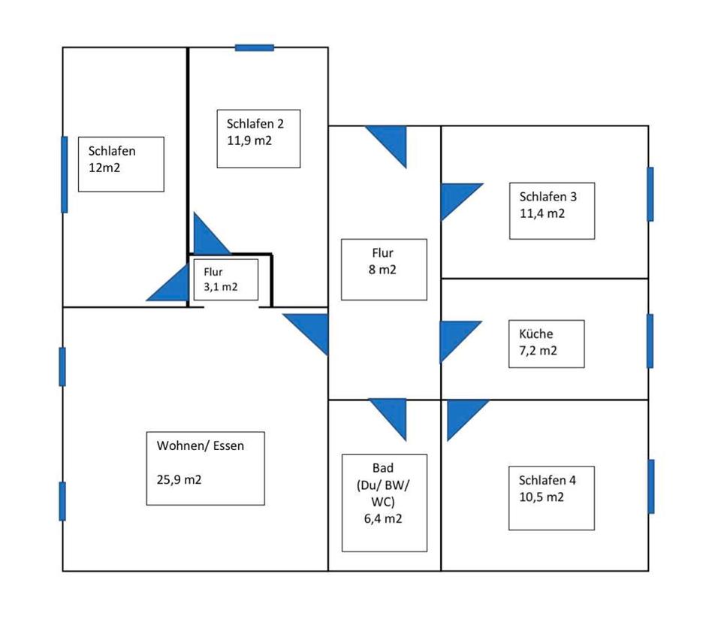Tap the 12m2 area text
[104, 168]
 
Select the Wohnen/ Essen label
[201, 445]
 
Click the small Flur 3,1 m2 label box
[225, 279]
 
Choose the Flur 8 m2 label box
[383, 269]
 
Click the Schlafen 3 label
[548, 197]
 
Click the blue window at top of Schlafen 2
[254, 47]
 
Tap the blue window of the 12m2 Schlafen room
[64, 174]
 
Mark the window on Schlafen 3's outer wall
[650, 194]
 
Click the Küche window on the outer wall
[650, 341]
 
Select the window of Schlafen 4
[651, 486]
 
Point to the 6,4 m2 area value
[383, 518]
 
